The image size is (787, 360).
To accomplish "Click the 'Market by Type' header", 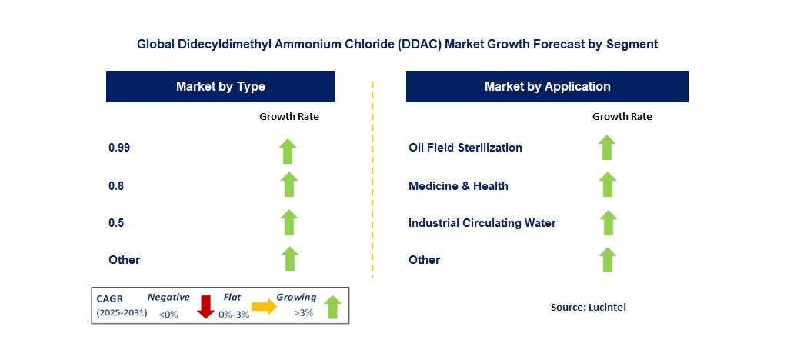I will pos(220,86).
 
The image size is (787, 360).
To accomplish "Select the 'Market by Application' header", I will pos(547,86).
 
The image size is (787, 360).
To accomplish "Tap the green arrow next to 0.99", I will pos(288,151).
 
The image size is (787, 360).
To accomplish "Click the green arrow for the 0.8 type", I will pos(288,185).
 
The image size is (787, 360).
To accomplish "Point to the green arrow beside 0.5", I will pos(288,222).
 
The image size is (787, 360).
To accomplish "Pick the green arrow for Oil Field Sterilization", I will pos(607,147).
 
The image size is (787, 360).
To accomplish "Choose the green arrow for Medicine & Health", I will pos(607,185).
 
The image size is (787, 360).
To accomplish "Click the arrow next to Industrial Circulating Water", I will pos(607,222).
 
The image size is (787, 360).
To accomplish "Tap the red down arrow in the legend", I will pos(205,306).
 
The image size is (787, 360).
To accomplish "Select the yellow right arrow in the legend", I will pos(264,307).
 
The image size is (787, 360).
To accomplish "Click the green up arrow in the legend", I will pos(332,307).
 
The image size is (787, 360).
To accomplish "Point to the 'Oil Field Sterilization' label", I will pos(465,148).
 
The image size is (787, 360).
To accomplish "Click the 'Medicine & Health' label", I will pos(459,186).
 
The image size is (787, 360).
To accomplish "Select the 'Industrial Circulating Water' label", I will pos(482,223).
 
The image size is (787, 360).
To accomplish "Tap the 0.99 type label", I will pos(119,148).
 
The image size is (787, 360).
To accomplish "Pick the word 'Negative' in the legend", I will pos(168,297).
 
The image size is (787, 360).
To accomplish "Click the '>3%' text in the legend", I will pos(303,313).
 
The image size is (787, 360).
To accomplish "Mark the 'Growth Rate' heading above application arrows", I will pos(622,117).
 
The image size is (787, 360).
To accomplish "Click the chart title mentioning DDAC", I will pos(397,45).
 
